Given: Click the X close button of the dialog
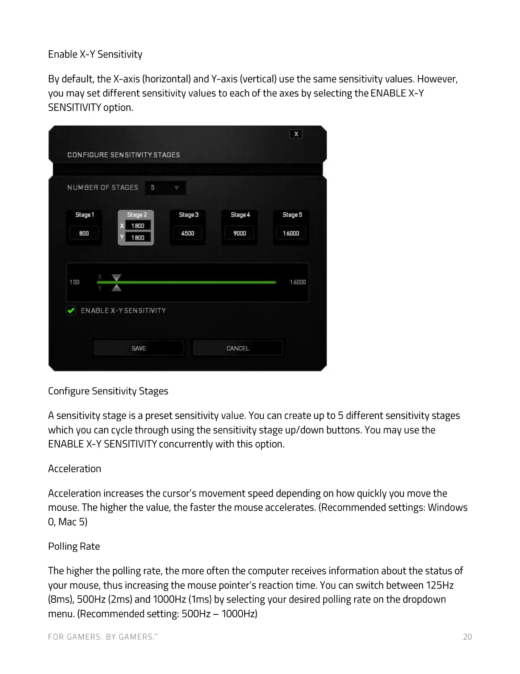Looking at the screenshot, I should click(296, 134).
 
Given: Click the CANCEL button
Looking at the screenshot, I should click(238, 348).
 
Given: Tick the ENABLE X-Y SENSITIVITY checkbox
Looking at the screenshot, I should click(71, 311).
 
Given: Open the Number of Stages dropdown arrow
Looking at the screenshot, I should click(176, 188).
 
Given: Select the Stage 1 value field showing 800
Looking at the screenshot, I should click(84, 233).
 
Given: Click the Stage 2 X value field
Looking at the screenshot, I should click(138, 226).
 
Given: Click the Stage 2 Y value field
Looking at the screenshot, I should click(138, 237).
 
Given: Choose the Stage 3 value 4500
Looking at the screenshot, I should click(188, 233).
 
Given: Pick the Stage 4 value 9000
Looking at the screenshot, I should click(240, 233).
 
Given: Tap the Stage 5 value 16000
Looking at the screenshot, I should click(291, 233).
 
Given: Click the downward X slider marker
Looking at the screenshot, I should click(116, 277).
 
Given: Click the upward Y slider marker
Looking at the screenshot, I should click(116, 288).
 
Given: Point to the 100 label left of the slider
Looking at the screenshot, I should click(74, 282).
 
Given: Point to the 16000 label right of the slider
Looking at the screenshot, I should click(298, 282).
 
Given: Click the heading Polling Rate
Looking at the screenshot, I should click(74, 546).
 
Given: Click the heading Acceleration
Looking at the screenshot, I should click(74, 468).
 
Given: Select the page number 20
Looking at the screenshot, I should click(467, 637).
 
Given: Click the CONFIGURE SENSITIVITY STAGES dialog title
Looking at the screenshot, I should click(124, 155).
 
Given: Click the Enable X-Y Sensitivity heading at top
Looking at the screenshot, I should click(95, 54).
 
